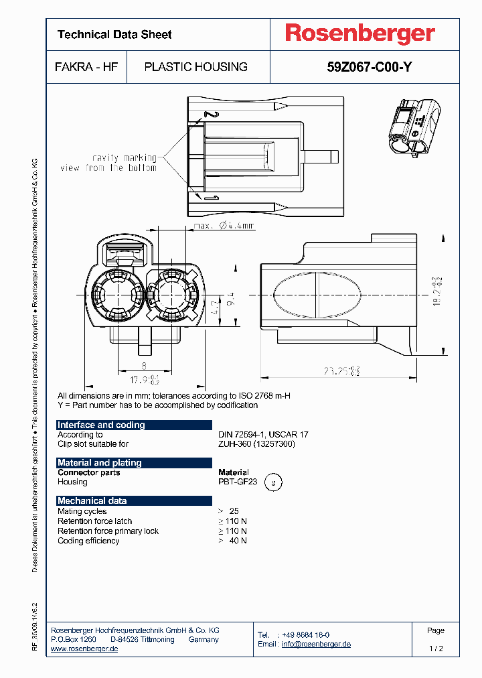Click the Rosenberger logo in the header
point(359,33)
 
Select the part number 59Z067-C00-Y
point(364,67)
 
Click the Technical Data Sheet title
point(114,34)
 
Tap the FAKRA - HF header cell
point(86,67)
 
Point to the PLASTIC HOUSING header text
point(196,67)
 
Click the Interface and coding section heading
point(101,425)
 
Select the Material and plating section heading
point(100,462)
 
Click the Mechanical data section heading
point(92,500)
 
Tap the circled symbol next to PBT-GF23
point(272,482)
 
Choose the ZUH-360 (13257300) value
point(256,444)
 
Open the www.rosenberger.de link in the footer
point(84,649)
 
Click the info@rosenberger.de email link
point(316,644)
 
